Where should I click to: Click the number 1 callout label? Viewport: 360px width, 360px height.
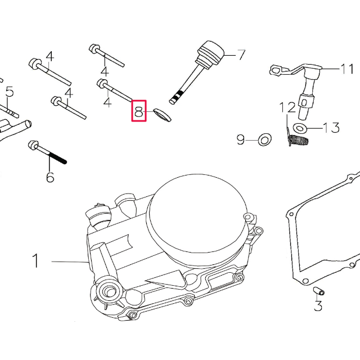(x=35, y=261)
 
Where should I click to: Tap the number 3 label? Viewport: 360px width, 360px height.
(x=318, y=306)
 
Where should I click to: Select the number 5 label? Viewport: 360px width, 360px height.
(x=9, y=92)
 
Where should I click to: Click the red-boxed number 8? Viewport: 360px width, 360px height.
(x=139, y=111)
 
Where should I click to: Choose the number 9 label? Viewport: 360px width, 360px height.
(x=240, y=139)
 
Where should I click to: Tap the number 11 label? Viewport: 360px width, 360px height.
(x=346, y=69)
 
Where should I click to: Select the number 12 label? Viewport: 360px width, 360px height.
(x=287, y=107)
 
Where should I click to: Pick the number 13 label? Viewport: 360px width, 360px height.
(x=331, y=128)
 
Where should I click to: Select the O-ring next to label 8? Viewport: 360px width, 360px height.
(x=161, y=115)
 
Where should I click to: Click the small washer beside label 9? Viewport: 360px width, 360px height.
(x=263, y=139)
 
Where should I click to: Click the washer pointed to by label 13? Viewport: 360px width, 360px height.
(x=301, y=129)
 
